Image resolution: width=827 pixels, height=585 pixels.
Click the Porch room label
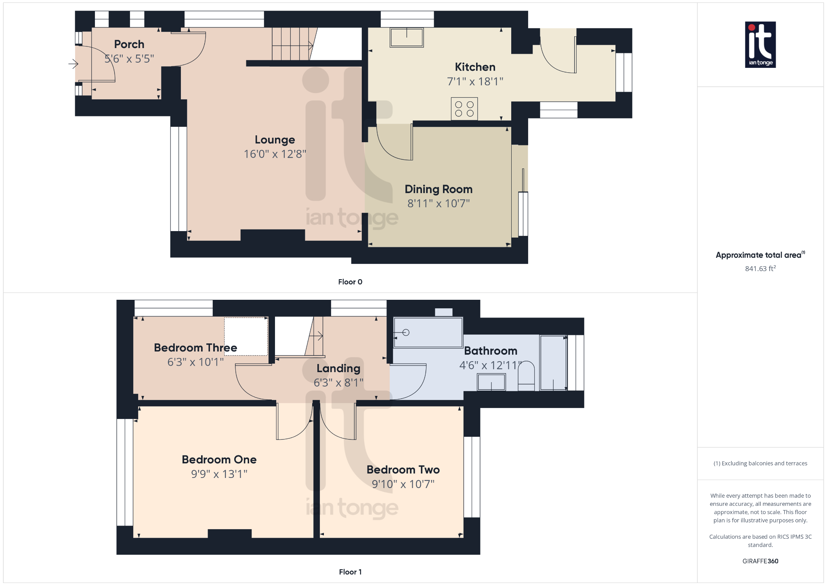129,44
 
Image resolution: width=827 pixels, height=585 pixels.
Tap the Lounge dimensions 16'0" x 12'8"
275,154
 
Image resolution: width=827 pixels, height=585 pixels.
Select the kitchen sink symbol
406,38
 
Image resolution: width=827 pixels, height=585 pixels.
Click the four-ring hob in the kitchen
464,109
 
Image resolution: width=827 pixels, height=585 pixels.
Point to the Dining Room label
439,189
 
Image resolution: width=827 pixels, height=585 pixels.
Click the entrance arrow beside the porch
73,64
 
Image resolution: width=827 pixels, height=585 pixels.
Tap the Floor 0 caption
350,282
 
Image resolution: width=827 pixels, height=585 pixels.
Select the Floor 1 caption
350,572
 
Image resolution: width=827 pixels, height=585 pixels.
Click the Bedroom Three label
195,347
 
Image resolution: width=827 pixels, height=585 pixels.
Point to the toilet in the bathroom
526,376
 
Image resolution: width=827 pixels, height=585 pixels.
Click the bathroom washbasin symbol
491,382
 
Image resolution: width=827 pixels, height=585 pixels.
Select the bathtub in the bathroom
428,332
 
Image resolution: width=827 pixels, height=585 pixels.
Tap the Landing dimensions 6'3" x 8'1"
338,382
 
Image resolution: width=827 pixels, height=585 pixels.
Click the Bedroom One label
219,459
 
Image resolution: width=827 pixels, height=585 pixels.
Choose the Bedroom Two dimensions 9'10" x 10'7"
403,484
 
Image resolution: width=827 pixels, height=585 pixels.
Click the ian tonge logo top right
760,44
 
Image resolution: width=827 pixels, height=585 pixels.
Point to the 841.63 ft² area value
760,269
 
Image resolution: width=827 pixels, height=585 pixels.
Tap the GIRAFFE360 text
760,561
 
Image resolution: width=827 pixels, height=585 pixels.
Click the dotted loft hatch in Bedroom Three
246,337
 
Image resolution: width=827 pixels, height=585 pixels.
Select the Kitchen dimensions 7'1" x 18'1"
475,82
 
